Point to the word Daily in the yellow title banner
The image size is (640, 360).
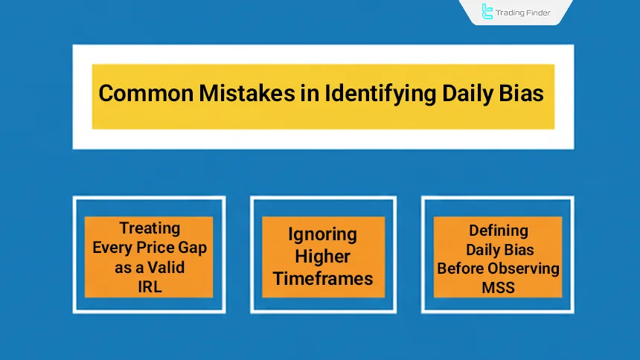(x=452, y=95)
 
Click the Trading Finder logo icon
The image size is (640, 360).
(x=487, y=12)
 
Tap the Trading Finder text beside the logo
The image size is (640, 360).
(x=525, y=12)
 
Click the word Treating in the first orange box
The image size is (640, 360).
(x=150, y=228)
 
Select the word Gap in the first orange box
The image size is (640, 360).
(x=190, y=247)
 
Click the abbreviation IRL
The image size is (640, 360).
(x=150, y=286)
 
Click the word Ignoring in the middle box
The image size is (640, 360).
(x=323, y=234)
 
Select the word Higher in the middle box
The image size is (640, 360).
(x=323, y=257)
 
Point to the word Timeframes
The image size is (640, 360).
(x=323, y=279)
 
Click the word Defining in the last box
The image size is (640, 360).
(x=499, y=231)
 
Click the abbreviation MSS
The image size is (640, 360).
(x=499, y=286)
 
